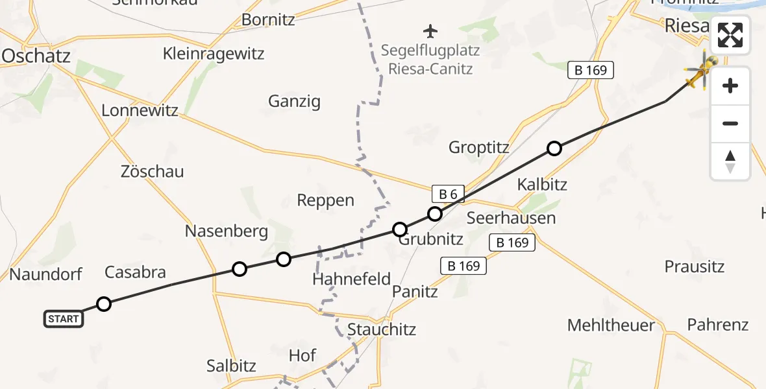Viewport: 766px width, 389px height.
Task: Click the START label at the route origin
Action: coord(64,318)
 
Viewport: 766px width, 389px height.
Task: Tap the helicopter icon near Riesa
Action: coord(701,72)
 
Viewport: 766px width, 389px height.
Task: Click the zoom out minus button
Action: coord(730,123)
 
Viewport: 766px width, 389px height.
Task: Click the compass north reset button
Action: coord(730,161)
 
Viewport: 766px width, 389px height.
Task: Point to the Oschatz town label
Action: coord(36,56)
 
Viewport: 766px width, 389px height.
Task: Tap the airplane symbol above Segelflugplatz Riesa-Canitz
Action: coord(430,30)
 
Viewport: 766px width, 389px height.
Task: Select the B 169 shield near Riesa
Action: coord(590,70)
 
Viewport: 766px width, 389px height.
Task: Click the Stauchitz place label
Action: coord(382,329)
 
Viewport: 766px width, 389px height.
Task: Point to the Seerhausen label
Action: coord(512,217)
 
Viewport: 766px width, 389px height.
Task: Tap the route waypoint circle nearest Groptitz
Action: coord(554,148)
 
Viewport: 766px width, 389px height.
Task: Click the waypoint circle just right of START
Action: coord(104,303)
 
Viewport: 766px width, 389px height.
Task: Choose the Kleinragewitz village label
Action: coord(214,53)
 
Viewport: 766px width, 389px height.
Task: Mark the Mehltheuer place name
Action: coord(612,325)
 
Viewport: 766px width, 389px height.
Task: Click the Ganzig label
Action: coord(294,101)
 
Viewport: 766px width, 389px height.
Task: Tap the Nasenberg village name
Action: coord(227,231)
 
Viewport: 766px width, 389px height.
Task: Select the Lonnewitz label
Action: coord(140,110)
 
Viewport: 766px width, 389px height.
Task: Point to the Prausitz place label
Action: coord(695,266)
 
